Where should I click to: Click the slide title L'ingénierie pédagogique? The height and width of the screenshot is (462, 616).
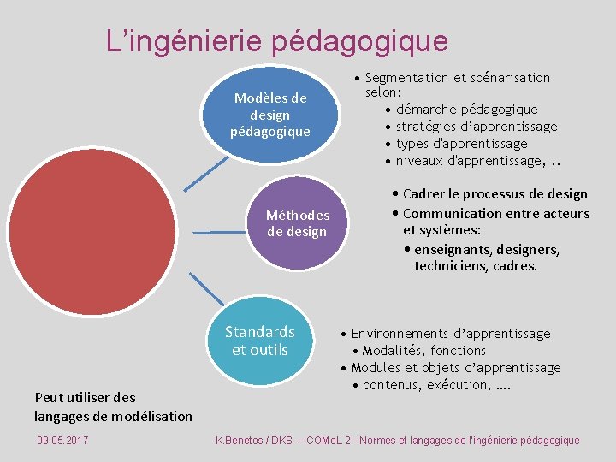tap(276, 40)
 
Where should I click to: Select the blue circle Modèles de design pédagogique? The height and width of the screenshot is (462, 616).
tap(270, 114)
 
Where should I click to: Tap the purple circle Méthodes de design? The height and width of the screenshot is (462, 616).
tap(297, 223)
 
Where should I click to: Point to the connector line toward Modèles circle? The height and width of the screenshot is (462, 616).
tap(204, 174)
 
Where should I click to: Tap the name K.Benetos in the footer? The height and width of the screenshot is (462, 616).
tap(243, 440)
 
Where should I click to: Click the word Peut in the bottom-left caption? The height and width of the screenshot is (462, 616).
tap(48, 397)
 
